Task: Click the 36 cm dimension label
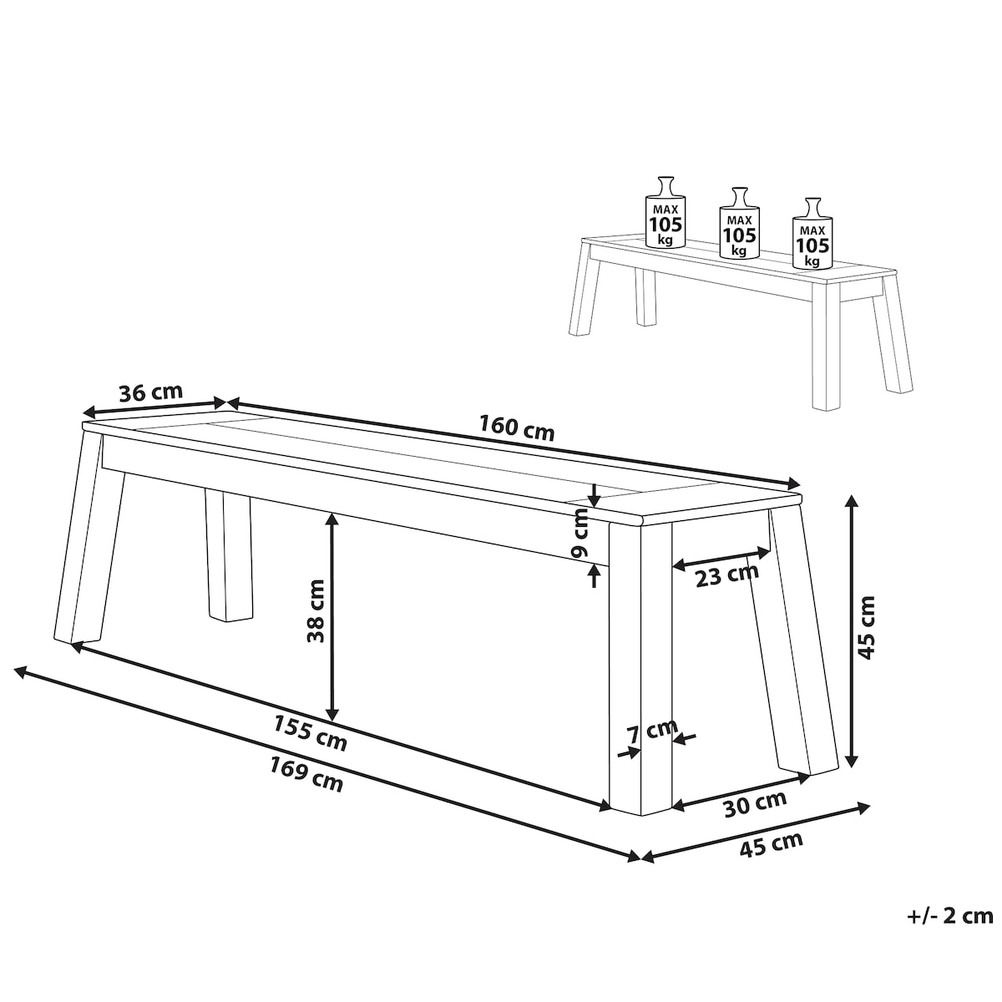pos(151,392)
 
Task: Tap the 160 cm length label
pos(517,427)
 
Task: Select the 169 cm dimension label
pos(306,774)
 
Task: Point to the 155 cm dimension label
pos(310,732)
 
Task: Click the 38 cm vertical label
pos(316,611)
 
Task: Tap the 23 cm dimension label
pos(727,574)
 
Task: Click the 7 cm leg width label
pos(652,731)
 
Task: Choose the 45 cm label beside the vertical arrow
pos(866,628)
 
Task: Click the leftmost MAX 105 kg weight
pos(665,213)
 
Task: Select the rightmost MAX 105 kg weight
pos(812,234)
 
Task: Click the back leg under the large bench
pos(228,556)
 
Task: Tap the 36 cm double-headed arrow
pos(154,407)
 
